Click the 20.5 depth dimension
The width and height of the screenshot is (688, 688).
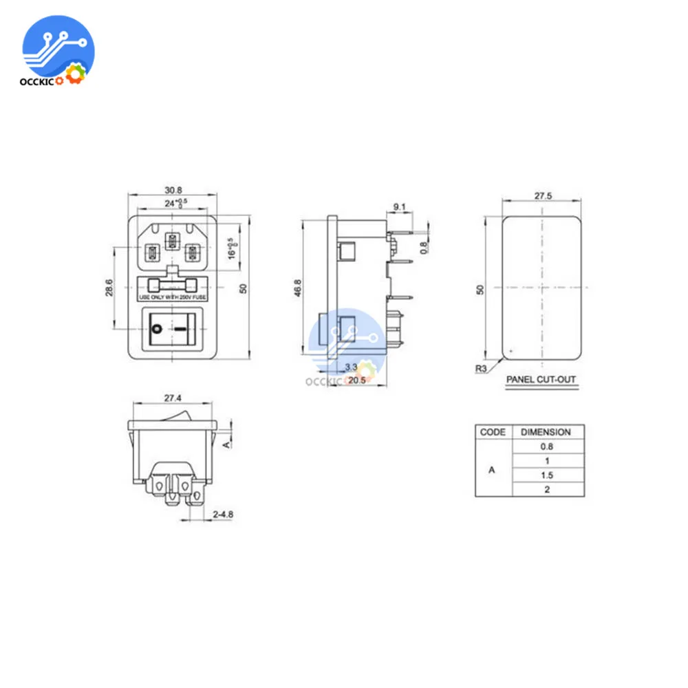(356, 380)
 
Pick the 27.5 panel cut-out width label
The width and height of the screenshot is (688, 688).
(544, 195)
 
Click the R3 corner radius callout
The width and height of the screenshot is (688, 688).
(482, 367)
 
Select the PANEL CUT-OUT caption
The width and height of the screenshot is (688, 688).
(541, 379)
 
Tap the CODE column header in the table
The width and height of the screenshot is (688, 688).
(493, 432)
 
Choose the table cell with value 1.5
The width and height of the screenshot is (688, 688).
(547, 475)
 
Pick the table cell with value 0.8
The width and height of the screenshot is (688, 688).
(547, 447)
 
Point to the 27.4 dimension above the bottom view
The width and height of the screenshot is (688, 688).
(173, 398)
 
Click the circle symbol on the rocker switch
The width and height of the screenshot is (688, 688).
(158, 330)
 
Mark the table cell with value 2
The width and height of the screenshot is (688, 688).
(547, 490)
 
